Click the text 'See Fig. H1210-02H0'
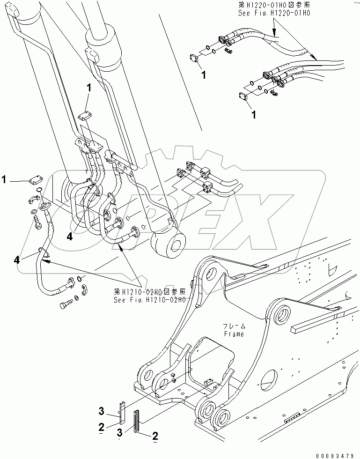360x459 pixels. point(149,299)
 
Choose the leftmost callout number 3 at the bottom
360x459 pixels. point(101,411)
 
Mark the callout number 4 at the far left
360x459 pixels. point(18,259)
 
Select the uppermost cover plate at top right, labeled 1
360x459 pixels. point(195,59)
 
